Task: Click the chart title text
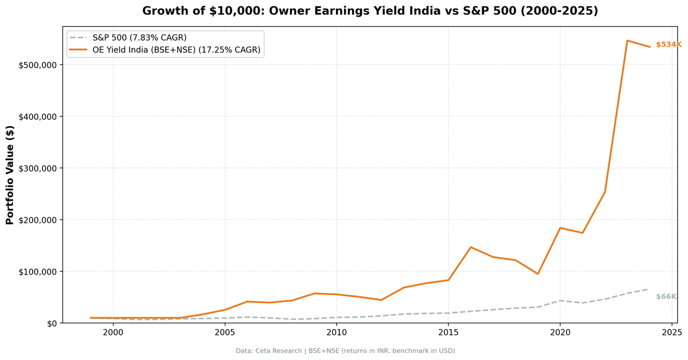[x=370, y=11]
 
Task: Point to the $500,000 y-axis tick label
[x=38, y=65]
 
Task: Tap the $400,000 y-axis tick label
[x=38, y=116]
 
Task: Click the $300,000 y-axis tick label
[x=38, y=169]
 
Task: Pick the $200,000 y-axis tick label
[x=38, y=220]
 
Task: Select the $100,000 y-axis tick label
[x=38, y=272]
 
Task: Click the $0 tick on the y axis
[x=52, y=323]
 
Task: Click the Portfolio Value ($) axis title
[x=10, y=175]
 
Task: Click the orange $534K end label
[x=668, y=45]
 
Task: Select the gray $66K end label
[x=666, y=296]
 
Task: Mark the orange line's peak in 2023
[x=627, y=41]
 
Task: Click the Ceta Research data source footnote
[x=345, y=351]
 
